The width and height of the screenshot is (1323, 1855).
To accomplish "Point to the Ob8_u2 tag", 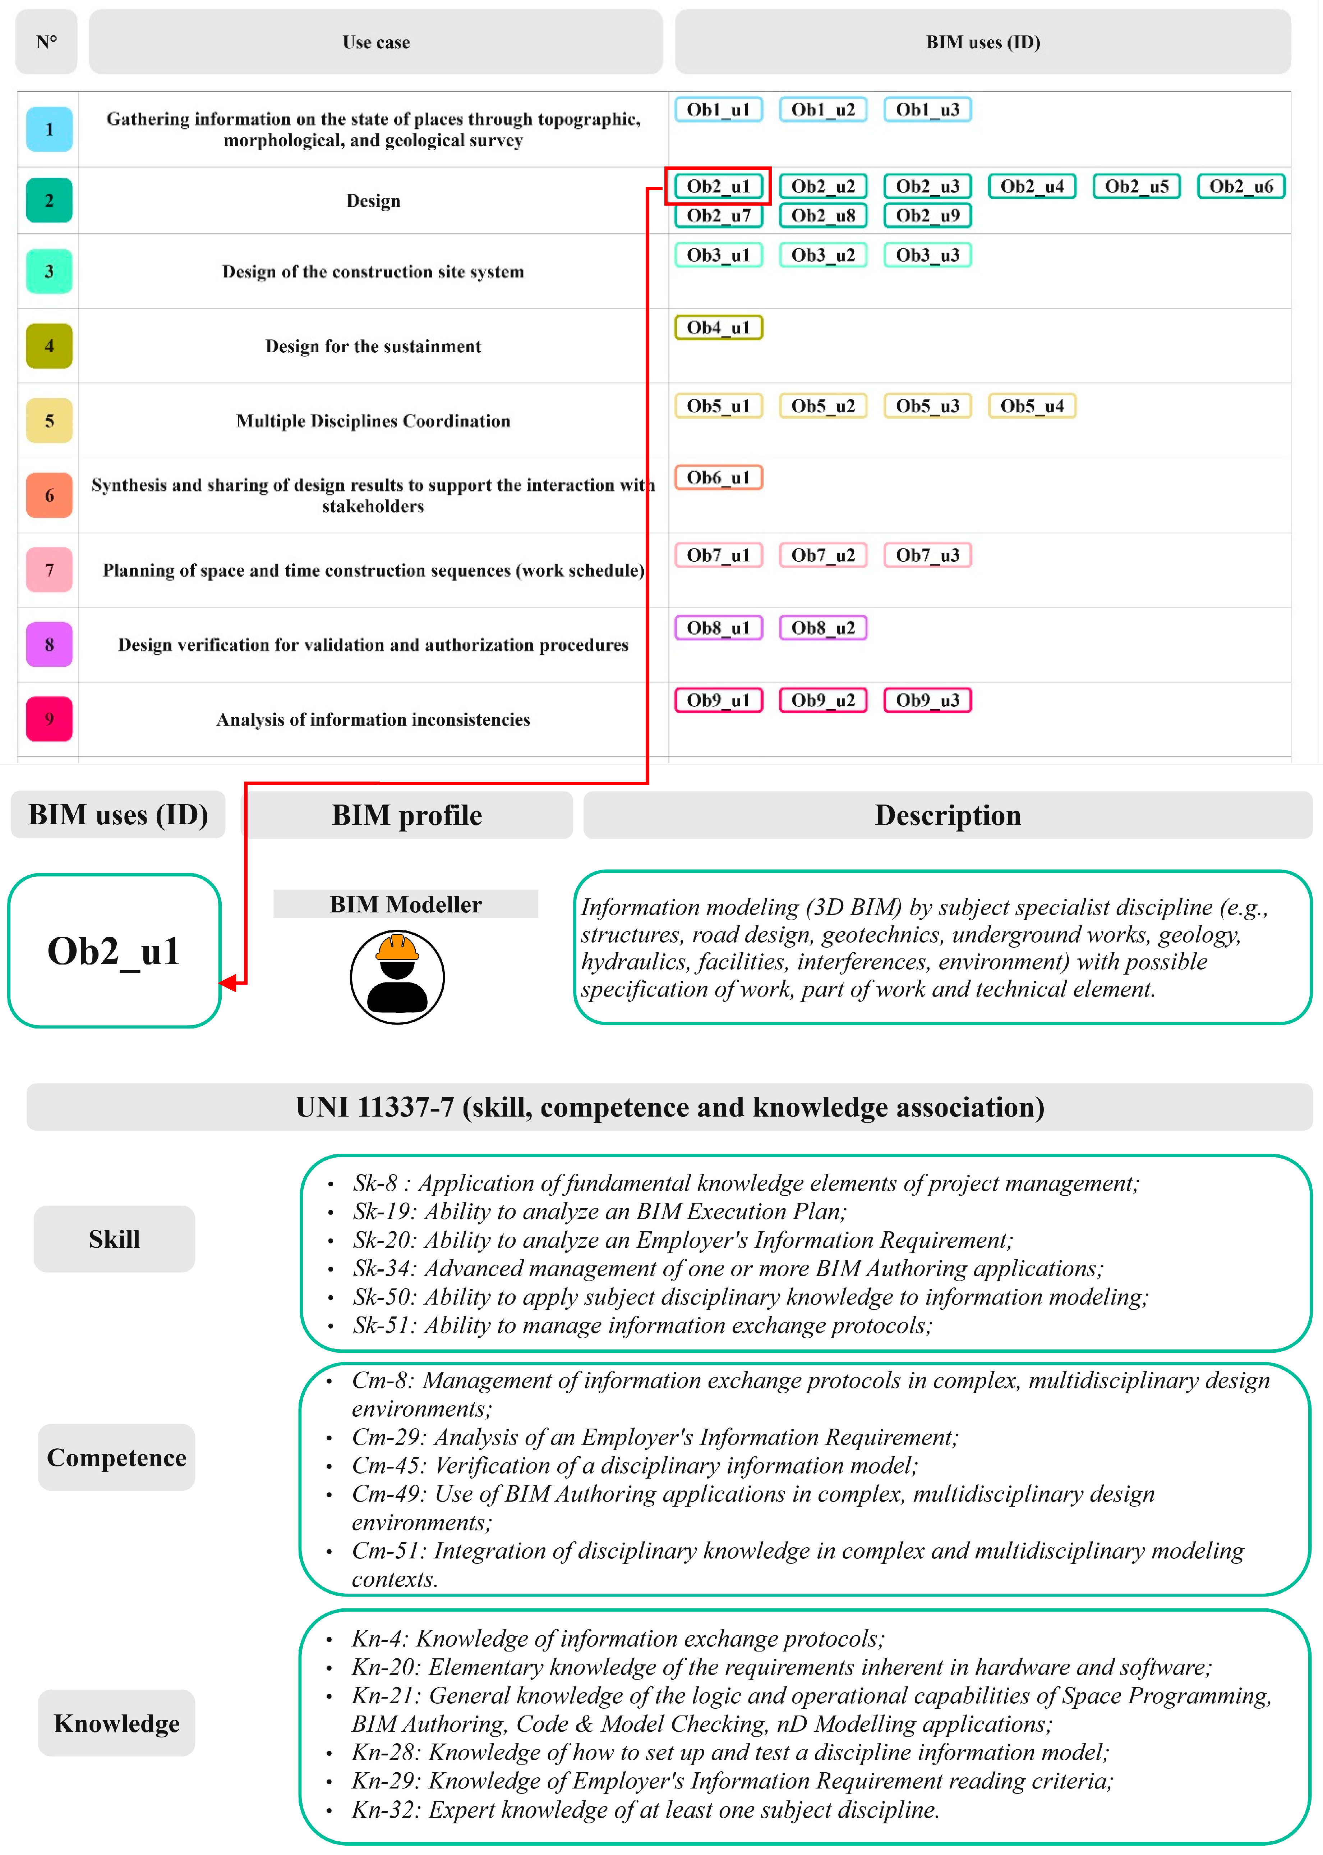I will coord(823,628).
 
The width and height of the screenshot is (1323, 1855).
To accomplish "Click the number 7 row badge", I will coord(49,570).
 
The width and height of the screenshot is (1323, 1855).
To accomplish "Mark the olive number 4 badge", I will coord(49,345).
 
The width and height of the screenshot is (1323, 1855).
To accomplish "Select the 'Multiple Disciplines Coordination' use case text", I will coord(373,421).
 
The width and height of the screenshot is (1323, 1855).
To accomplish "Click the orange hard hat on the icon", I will coord(397,948).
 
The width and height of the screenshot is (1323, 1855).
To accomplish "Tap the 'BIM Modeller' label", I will coord(406,904).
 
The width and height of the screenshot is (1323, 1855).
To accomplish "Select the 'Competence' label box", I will coord(116,1457).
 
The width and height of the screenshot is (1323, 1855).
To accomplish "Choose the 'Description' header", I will coord(948,815).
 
